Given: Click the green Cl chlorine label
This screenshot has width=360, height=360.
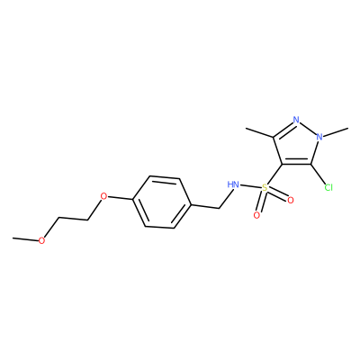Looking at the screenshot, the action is [x=328, y=188].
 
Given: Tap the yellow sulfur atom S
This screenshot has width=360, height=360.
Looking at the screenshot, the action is [x=265, y=188].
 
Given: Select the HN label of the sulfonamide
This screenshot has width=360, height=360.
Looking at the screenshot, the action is [x=233, y=184].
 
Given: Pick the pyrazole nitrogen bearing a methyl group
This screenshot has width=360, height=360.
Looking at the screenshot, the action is [x=319, y=137].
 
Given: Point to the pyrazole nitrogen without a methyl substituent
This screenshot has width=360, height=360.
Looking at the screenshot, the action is [x=296, y=120].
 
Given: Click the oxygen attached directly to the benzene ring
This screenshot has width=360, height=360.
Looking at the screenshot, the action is [x=103, y=197].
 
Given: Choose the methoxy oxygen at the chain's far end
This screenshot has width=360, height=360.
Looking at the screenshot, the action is [x=41, y=240].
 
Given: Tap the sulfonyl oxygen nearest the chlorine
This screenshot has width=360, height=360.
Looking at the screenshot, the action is [x=290, y=200].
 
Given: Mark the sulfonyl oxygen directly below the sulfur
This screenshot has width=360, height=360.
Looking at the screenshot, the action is [x=256, y=215].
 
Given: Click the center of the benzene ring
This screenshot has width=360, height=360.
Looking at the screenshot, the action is [x=162, y=202].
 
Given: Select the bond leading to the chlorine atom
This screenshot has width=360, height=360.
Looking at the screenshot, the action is [x=319, y=175].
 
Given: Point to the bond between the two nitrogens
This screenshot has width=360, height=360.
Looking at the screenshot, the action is [x=308, y=129].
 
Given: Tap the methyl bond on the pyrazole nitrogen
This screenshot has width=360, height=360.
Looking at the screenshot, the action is [x=336, y=133].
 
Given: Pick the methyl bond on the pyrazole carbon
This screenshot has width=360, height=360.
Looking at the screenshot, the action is [x=259, y=133].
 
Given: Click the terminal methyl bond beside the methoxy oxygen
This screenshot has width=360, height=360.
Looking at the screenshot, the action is [x=25, y=239].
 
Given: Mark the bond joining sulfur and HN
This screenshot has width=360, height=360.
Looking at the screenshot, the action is [x=250, y=186].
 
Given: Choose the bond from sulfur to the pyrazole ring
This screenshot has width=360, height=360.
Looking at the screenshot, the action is [x=274, y=175].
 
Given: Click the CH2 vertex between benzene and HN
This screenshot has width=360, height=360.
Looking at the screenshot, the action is [x=220, y=208].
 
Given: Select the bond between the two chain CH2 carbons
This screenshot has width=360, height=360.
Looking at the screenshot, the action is [x=73, y=219].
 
